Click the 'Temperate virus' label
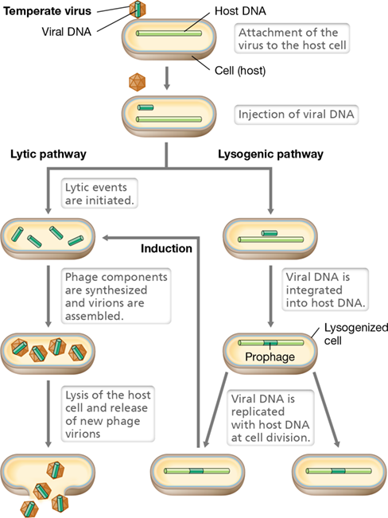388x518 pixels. [x=47, y=11]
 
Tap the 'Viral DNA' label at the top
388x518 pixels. [x=66, y=32]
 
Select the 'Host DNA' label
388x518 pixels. [x=240, y=11]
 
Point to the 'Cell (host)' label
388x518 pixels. [x=240, y=70]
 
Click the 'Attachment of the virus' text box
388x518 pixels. [x=292, y=39]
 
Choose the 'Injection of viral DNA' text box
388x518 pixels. [x=297, y=115]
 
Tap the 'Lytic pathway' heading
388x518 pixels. [x=48, y=154]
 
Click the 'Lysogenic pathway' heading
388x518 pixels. [x=271, y=154]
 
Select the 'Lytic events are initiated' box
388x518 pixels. [x=99, y=193]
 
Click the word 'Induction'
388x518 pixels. [x=166, y=248]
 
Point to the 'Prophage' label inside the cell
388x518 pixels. [x=270, y=356]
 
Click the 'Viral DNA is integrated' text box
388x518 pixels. [x=325, y=290]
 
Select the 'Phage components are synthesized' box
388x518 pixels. [x=116, y=296]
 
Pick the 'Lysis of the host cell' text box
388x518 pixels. [x=108, y=414]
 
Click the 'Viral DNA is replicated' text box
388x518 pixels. [x=271, y=418]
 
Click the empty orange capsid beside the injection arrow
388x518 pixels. [x=137, y=82]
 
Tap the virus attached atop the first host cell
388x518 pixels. [x=138, y=9]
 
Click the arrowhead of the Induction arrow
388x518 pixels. [x=106, y=238]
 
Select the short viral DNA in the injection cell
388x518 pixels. [x=145, y=107]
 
